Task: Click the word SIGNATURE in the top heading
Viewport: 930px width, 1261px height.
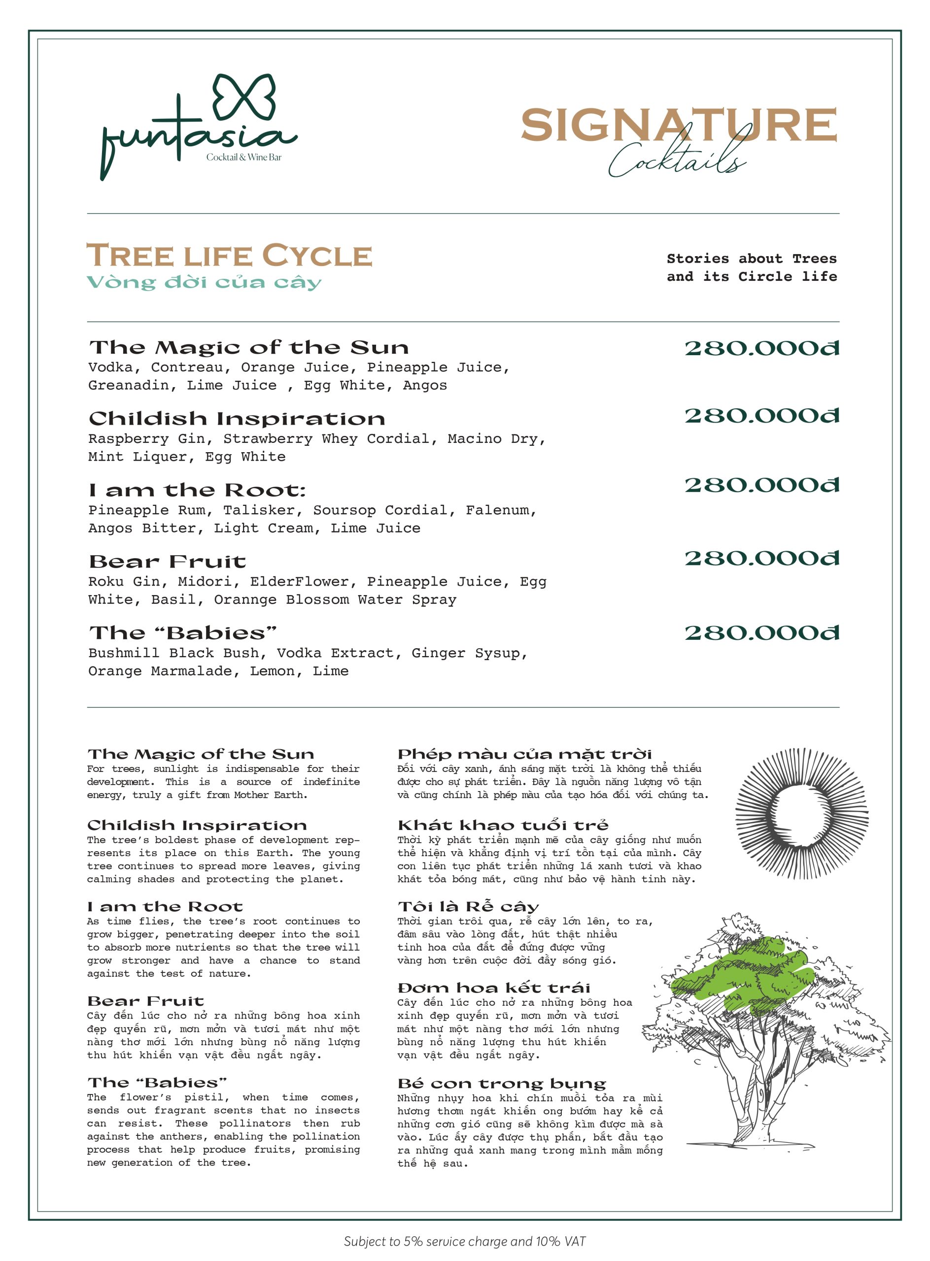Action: [678, 125]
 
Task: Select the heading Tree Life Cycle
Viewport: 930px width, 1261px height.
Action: [229, 256]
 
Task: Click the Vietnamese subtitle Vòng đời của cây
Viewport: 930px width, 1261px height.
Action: [204, 282]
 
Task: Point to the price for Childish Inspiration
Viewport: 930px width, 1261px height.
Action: [761, 416]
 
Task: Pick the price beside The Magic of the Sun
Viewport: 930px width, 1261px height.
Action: [761, 348]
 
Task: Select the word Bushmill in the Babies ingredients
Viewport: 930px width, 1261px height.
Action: [123, 653]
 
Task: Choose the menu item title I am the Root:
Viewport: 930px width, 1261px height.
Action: [197, 491]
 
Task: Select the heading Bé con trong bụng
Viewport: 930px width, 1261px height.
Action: [501, 1084]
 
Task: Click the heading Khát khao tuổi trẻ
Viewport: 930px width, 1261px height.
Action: [503, 826]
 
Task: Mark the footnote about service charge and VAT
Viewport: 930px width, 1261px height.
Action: [464, 1241]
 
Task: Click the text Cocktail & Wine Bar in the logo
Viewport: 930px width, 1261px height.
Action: [244, 158]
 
